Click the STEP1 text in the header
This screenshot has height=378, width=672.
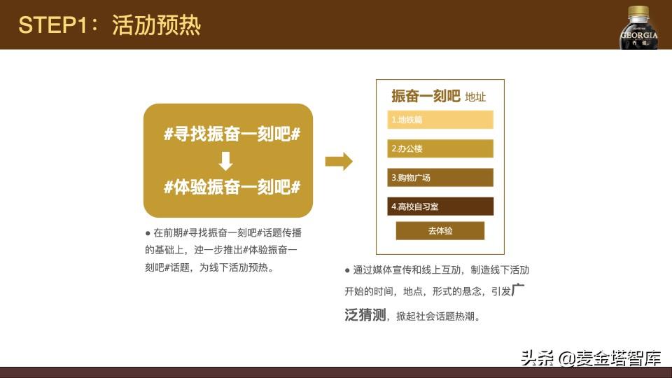tap(53, 25)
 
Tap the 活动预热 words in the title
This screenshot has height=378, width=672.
tap(156, 25)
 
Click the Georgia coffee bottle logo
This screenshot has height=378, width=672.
tap(638, 27)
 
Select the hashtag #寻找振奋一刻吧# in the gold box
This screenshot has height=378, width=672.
tap(232, 134)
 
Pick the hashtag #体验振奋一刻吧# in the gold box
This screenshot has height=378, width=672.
tap(232, 188)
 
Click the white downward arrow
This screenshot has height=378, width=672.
tap(225, 161)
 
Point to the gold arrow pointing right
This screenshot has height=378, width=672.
tap(339, 162)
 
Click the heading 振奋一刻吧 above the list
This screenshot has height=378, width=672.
tap(426, 96)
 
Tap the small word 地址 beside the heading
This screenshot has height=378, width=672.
tap(475, 97)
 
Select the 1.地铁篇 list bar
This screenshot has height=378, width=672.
tap(440, 120)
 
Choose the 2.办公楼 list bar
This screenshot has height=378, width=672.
tap(440, 148)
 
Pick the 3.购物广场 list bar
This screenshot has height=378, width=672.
tap(440, 177)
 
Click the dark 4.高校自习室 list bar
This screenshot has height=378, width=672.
tap(440, 206)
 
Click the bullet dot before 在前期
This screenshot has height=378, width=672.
tap(148, 233)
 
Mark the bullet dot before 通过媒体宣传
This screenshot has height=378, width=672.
tap(347, 270)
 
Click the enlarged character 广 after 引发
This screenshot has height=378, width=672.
tap(518, 290)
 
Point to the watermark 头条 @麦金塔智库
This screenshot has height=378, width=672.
tap(591, 358)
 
